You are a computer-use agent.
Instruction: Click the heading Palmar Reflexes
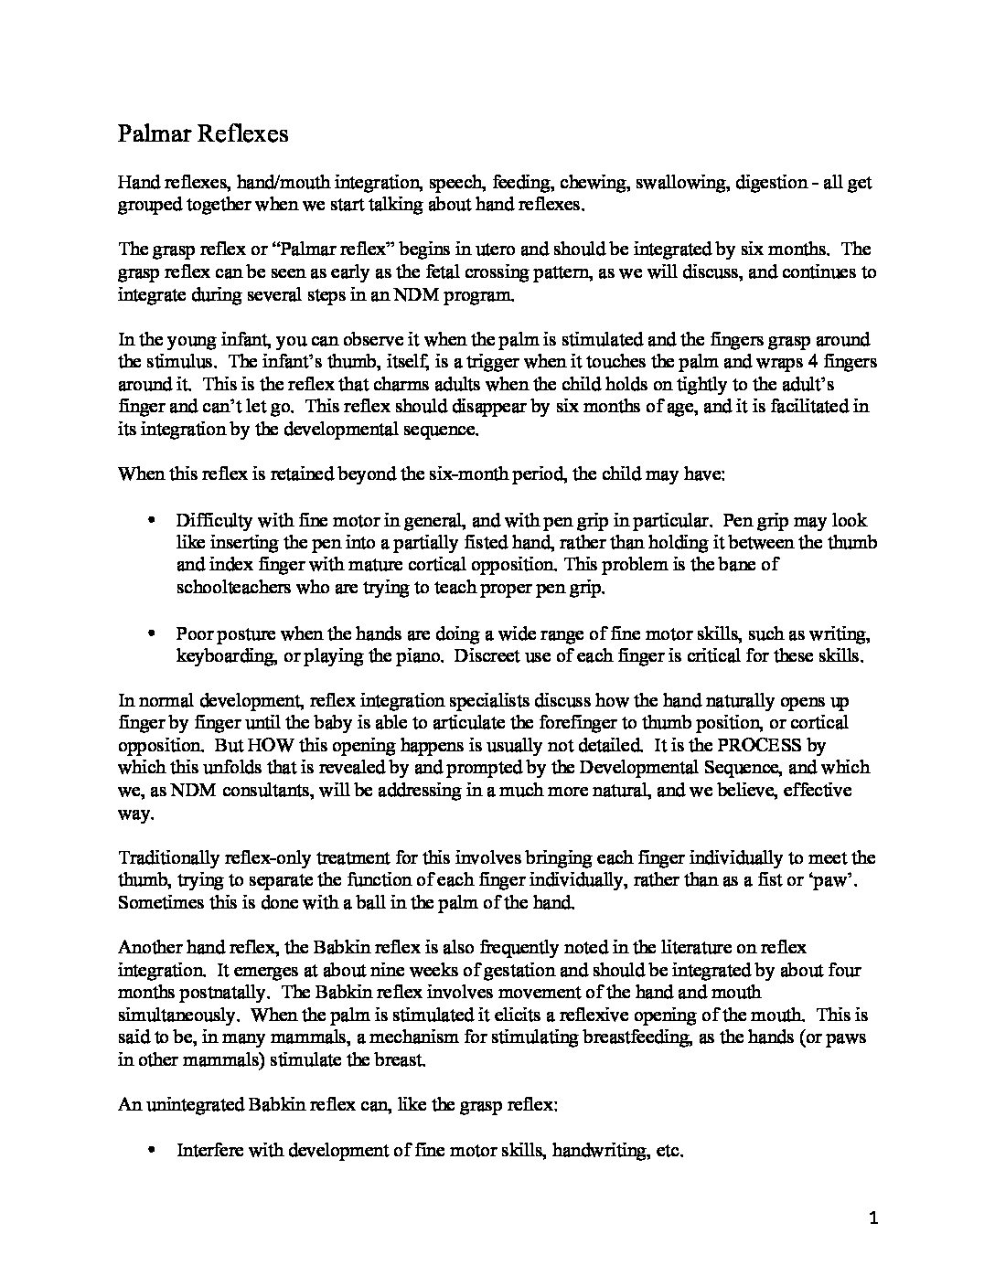coord(203,134)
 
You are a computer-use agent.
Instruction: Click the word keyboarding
coord(218,655)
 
